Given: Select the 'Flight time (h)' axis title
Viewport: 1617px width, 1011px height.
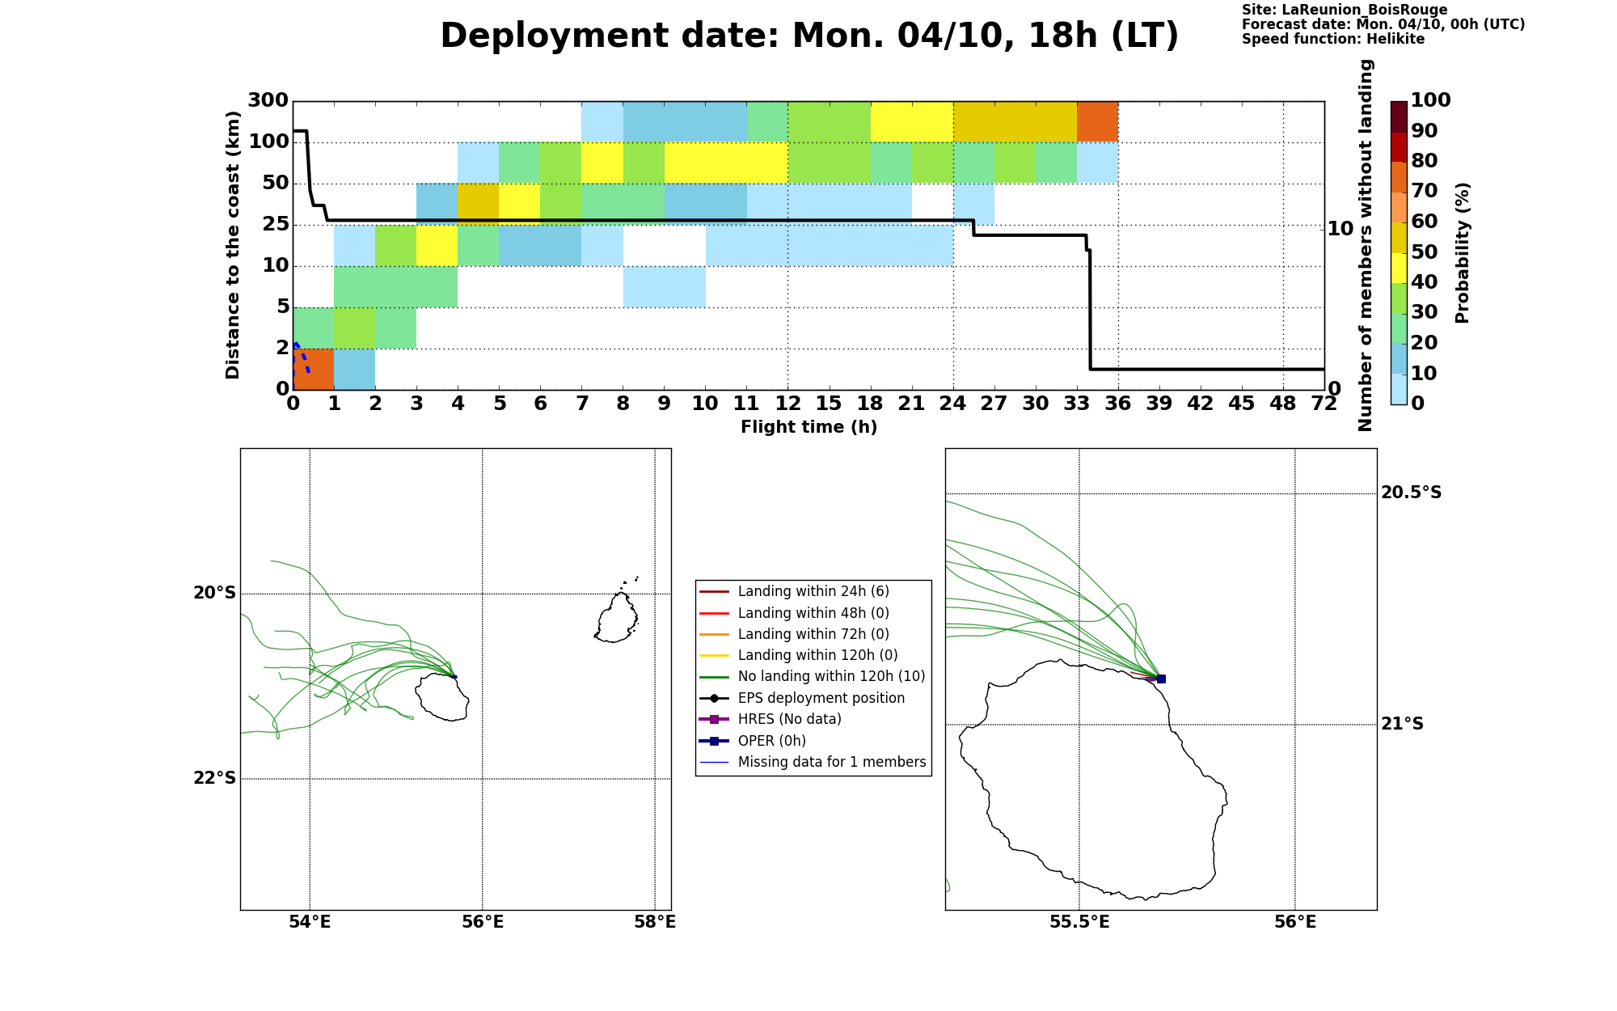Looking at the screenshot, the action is pos(808,427).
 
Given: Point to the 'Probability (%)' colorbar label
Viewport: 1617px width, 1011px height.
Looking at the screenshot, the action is pos(1463,252).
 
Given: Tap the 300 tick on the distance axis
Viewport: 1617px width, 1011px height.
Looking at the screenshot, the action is pos(268,100).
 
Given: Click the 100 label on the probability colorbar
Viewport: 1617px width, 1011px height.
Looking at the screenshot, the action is pos(1430,100).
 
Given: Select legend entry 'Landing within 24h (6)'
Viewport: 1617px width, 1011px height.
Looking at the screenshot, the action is pos(813,592).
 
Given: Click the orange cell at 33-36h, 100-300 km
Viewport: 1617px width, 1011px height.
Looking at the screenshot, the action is pos(1098,121).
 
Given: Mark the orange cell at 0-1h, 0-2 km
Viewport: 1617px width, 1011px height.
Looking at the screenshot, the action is pos(314,369).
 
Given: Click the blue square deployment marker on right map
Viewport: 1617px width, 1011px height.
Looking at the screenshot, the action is pos(1161,679).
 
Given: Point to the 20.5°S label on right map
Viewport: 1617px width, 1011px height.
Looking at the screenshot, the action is pos(1411,493).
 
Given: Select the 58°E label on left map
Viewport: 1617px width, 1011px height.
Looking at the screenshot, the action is pos(655,922).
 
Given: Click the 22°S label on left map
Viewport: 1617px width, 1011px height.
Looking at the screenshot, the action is pos(214,778).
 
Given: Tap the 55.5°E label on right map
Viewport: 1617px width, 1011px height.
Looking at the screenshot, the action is pos(1079,922).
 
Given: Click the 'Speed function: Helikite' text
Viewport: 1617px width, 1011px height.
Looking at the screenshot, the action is pos(1333,39).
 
